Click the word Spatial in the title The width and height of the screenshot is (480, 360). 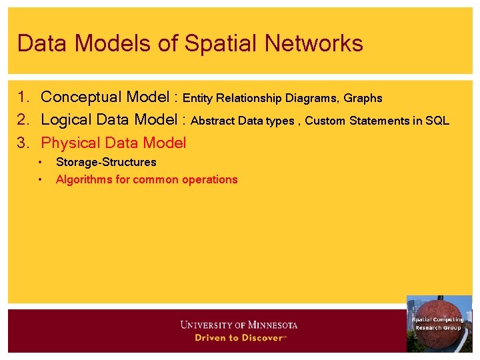click(x=223, y=43)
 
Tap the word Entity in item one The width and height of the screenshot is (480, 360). click(x=197, y=99)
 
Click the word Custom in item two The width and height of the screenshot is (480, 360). click(x=325, y=121)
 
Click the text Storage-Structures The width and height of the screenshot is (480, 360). click(x=106, y=162)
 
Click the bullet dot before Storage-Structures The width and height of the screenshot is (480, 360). click(x=41, y=162)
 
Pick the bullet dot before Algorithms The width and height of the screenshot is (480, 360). click(x=41, y=179)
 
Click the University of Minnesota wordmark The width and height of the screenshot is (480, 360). click(x=239, y=325)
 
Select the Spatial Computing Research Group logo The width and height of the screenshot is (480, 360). click(x=439, y=323)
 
